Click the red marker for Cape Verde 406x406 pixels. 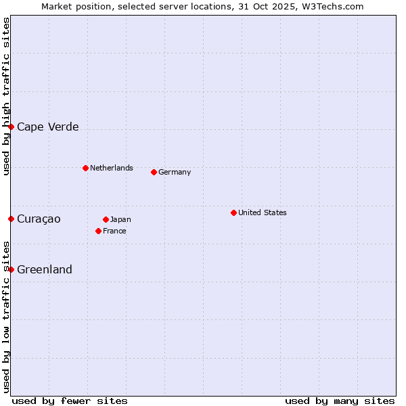click(11, 127)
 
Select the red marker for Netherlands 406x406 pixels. click(85, 168)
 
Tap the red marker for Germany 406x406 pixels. click(154, 172)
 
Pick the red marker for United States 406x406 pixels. click(233, 212)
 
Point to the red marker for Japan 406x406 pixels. click(106, 219)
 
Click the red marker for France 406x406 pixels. click(98, 231)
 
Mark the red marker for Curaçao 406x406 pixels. click(11, 219)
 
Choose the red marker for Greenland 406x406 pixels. click(11, 269)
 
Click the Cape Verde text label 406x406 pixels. click(47, 127)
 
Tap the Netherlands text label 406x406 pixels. click(112, 168)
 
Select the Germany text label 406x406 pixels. click(175, 172)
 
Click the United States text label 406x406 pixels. click(263, 212)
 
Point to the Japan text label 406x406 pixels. click(120, 219)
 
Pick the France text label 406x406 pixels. click(114, 231)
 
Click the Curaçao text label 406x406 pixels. click(39, 219)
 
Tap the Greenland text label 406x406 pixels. click(45, 270)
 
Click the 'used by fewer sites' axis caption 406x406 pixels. click(70, 401)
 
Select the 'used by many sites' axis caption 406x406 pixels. click(340, 401)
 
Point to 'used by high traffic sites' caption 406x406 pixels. click(6, 96)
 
